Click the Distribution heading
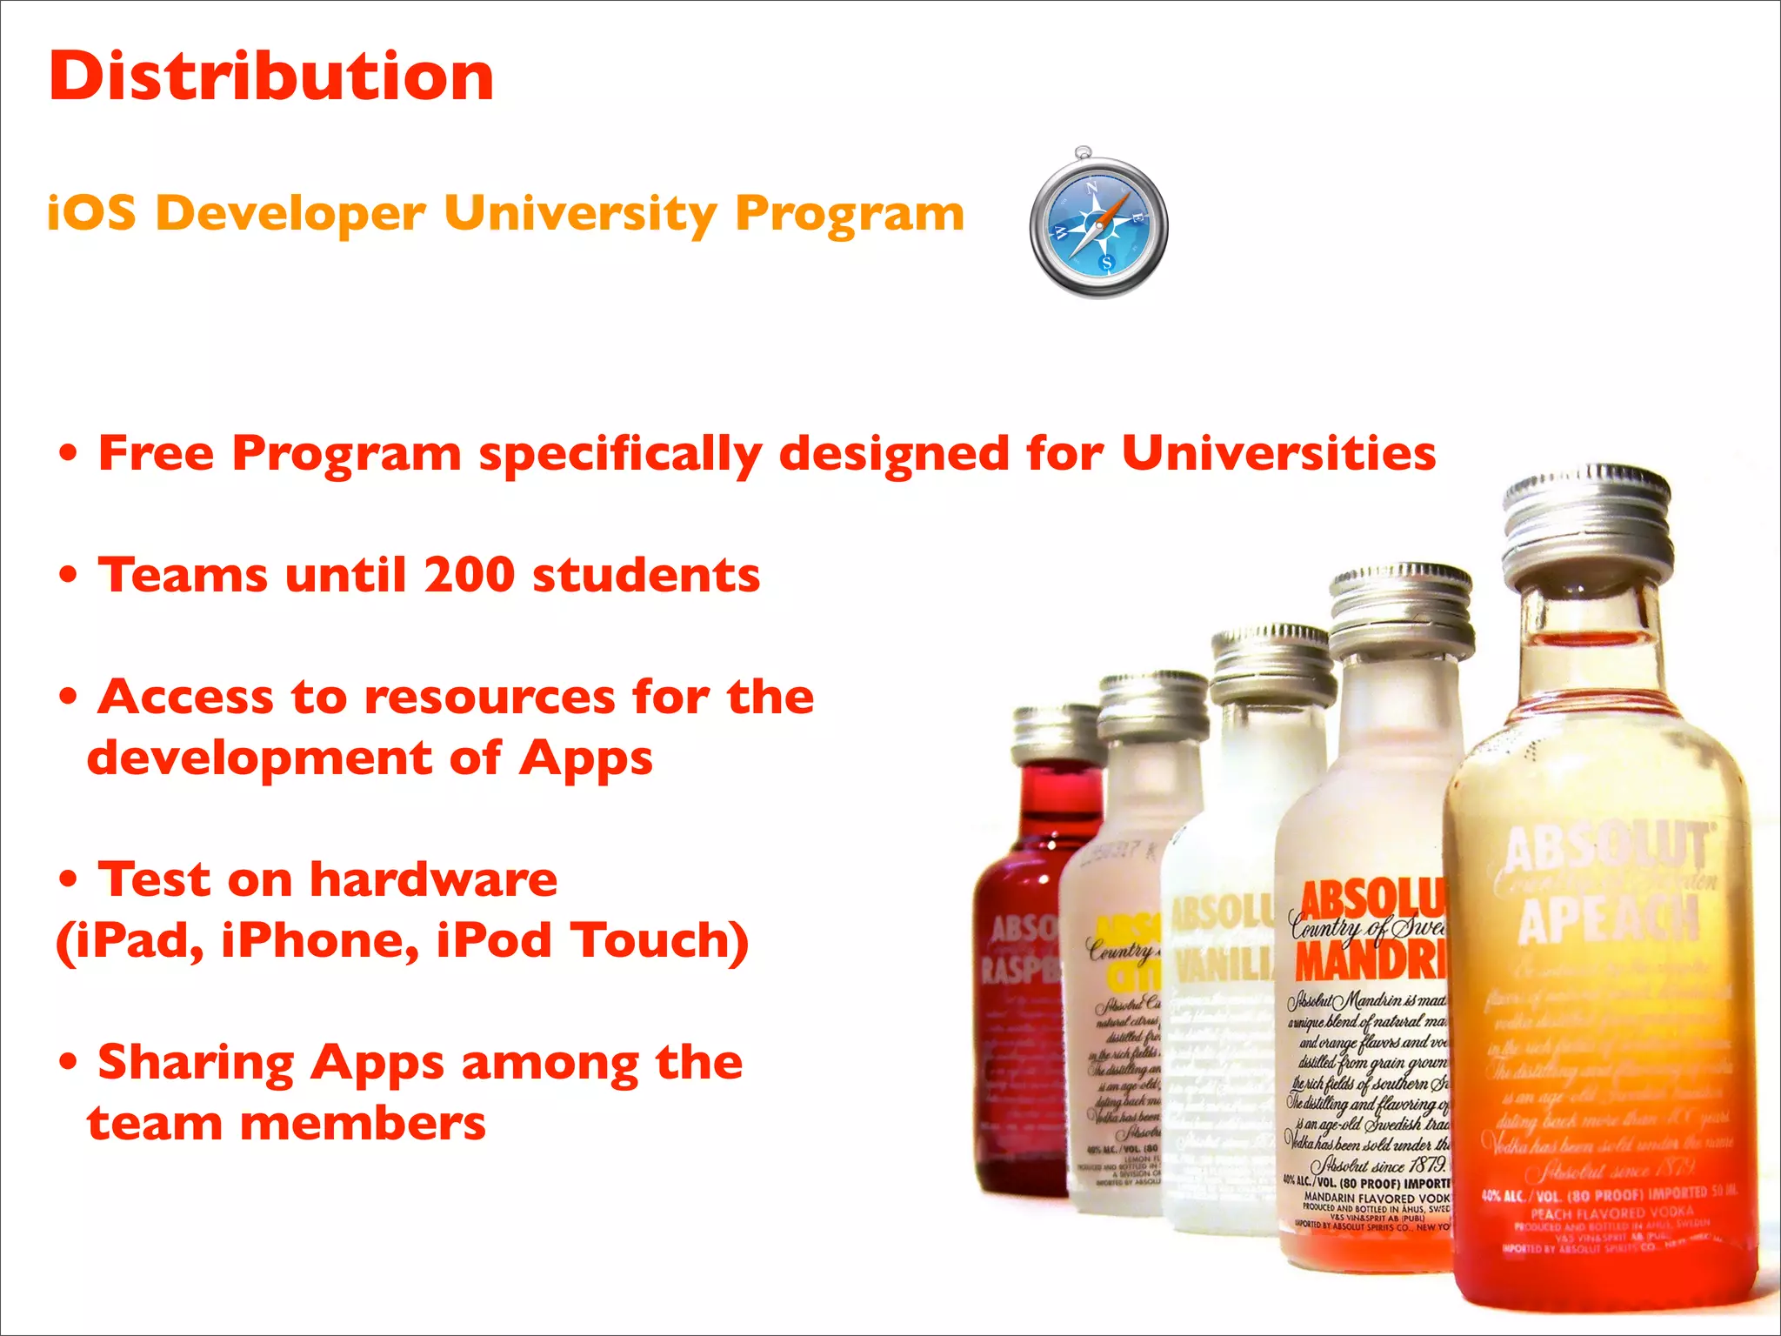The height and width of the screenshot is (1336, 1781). [x=271, y=77]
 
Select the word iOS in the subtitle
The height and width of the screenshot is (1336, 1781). [x=92, y=214]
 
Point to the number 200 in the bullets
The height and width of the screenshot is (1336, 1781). [x=470, y=576]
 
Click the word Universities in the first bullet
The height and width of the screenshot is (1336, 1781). [x=1278, y=454]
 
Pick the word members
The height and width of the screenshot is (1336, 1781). [x=363, y=1124]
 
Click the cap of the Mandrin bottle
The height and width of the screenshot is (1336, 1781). [x=1402, y=609]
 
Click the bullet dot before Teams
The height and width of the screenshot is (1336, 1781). [x=69, y=576]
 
